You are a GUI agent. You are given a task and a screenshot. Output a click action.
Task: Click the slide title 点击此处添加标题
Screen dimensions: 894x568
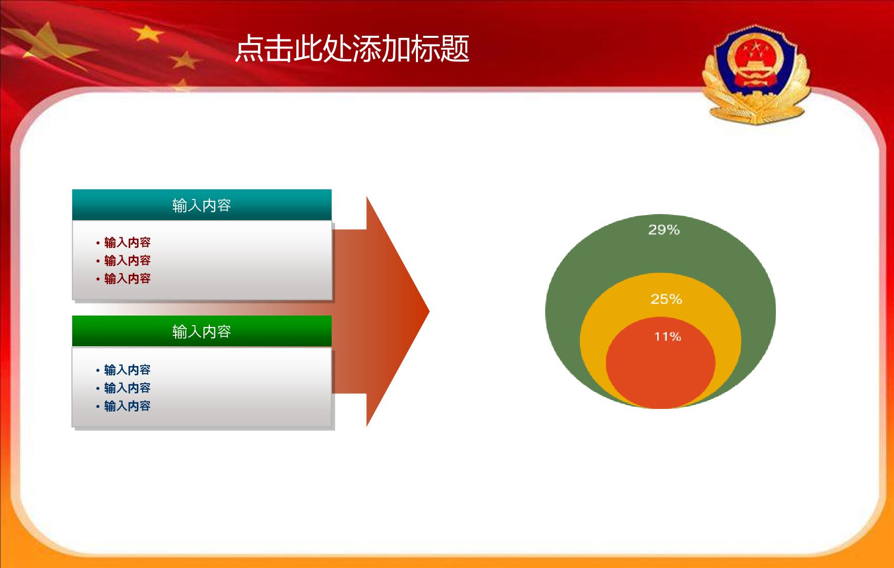pos(352,49)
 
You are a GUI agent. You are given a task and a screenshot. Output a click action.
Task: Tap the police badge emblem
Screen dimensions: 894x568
pos(756,74)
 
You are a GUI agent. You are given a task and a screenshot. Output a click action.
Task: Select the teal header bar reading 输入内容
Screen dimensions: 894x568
pos(202,205)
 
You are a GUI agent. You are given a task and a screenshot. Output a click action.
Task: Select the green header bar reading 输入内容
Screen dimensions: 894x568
pos(202,331)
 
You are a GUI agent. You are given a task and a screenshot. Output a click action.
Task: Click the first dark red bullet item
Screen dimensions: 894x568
pos(124,242)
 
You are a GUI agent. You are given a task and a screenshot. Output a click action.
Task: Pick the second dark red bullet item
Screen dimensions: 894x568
pos(124,261)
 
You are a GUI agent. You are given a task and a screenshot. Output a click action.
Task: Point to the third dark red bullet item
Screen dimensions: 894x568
pos(124,279)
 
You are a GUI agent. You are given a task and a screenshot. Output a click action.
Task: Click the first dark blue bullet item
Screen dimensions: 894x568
pos(124,370)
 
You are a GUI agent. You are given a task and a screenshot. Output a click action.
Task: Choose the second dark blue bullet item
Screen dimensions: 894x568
pos(124,388)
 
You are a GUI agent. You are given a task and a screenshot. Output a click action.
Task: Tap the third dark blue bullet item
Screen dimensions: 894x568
pos(124,406)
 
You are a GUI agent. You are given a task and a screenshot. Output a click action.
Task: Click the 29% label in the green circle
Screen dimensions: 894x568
pos(664,230)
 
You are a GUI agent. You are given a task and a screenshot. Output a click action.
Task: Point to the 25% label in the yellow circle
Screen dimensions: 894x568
pos(666,299)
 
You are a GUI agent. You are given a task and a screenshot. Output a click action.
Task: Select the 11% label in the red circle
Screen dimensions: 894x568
pos(668,337)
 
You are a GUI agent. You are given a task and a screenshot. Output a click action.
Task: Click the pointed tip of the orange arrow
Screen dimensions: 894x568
pos(429,312)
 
